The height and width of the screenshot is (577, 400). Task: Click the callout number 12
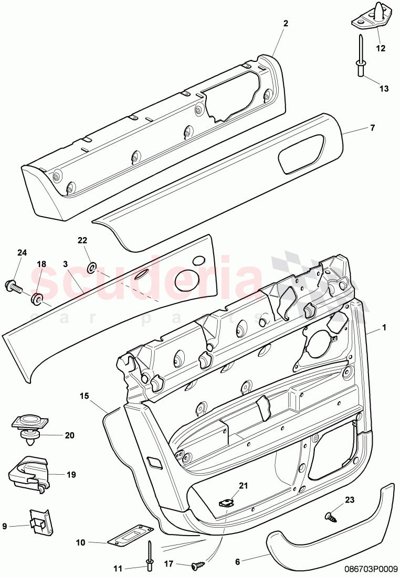pos(381,48)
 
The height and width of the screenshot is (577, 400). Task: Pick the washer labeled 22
pos(91,268)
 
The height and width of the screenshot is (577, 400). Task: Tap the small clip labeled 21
pos(226,503)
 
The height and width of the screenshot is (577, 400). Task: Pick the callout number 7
pos(373,127)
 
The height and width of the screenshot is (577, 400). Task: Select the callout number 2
pos(286,23)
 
